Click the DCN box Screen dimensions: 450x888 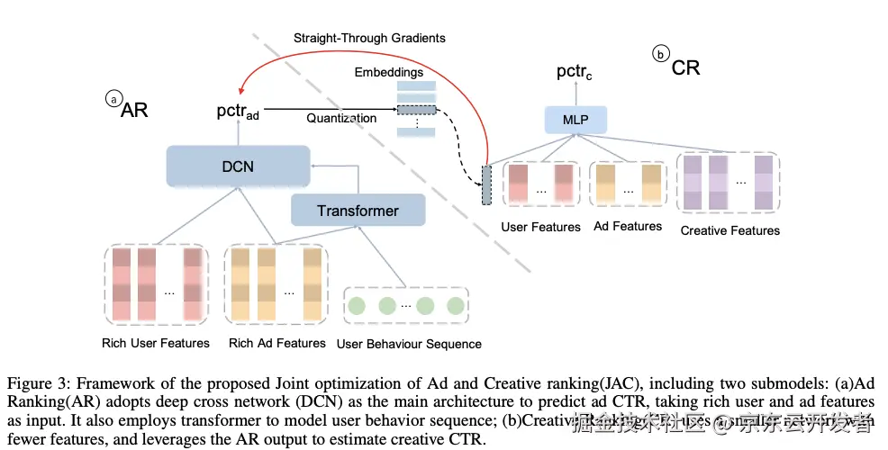click(238, 166)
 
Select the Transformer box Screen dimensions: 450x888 click(358, 211)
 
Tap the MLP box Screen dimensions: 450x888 click(576, 118)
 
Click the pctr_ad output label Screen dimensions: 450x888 click(238, 113)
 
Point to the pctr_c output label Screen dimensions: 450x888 click(575, 72)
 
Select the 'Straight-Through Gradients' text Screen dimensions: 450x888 click(369, 39)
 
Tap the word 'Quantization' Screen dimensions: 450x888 click(341, 118)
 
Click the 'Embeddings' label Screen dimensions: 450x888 click(389, 72)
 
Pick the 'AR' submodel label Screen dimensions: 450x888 click(134, 110)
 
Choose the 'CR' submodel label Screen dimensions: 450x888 click(685, 67)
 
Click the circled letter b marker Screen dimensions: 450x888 click(660, 55)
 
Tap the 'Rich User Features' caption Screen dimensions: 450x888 click(156, 343)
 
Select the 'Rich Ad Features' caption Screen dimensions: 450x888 click(277, 343)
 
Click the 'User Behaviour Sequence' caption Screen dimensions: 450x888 click(409, 344)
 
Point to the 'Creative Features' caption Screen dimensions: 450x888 click(730, 230)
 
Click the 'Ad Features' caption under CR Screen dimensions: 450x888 click(628, 227)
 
